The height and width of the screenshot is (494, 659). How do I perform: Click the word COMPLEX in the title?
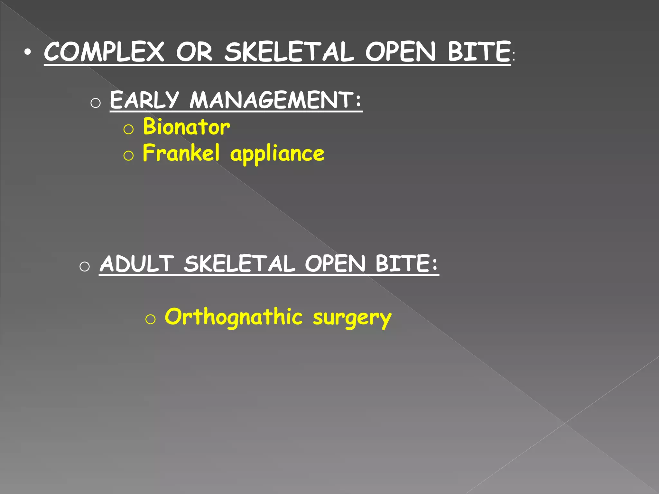[x=104, y=52]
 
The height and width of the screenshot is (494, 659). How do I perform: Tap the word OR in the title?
[x=194, y=52]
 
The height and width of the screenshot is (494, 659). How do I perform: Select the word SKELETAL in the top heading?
[x=289, y=52]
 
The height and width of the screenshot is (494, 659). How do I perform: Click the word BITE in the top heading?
[x=479, y=52]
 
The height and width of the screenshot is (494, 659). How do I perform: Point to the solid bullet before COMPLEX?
[x=28, y=52]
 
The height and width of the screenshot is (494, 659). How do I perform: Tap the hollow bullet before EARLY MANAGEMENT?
[x=96, y=103]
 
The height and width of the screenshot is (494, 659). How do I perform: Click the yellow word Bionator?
[x=186, y=127]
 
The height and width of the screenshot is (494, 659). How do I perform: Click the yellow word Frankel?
[x=181, y=153]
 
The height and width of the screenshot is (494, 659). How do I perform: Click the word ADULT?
[x=137, y=264]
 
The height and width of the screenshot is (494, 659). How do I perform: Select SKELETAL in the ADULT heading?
[x=239, y=264]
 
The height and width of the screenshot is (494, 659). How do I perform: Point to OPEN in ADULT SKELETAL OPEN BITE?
[x=335, y=264]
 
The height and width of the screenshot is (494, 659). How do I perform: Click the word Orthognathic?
[x=234, y=317]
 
